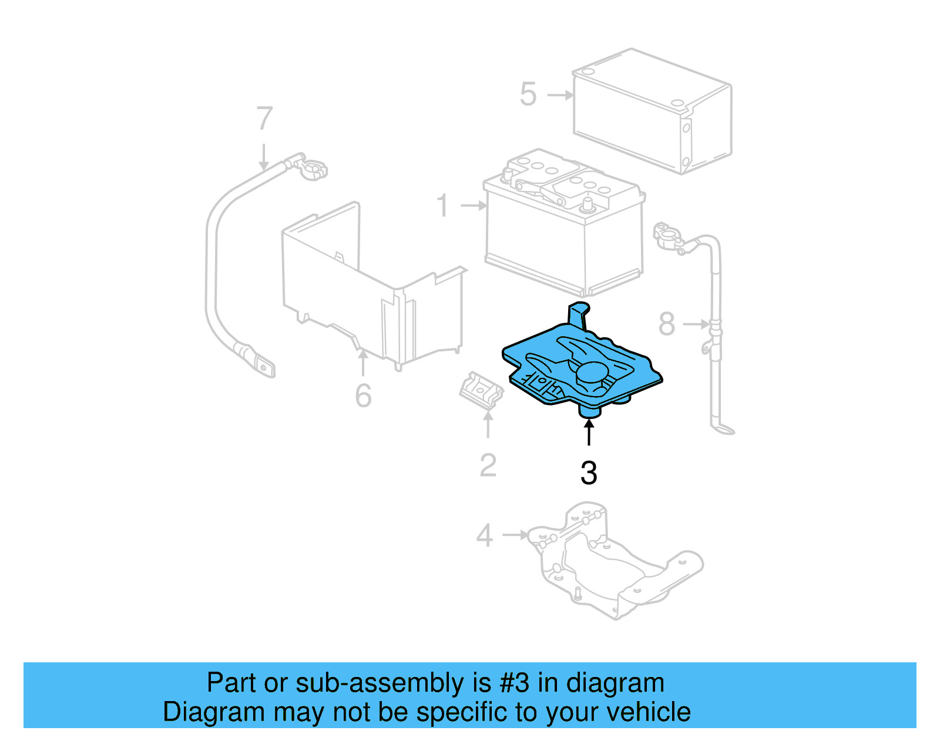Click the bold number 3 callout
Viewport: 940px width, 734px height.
(589, 473)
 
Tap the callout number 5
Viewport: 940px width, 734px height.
(528, 95)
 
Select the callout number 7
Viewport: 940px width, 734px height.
(264, 119)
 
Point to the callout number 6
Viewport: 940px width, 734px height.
(363, 396)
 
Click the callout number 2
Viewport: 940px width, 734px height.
(488, 465)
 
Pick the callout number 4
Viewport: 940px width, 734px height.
(484, 535)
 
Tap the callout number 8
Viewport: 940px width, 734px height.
(666, 324)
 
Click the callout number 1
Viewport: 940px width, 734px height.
(443, 206)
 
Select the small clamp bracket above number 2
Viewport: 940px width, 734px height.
(481, 390)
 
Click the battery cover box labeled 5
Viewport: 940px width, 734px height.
(652, 112)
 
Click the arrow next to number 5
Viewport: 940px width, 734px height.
(560, 95)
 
